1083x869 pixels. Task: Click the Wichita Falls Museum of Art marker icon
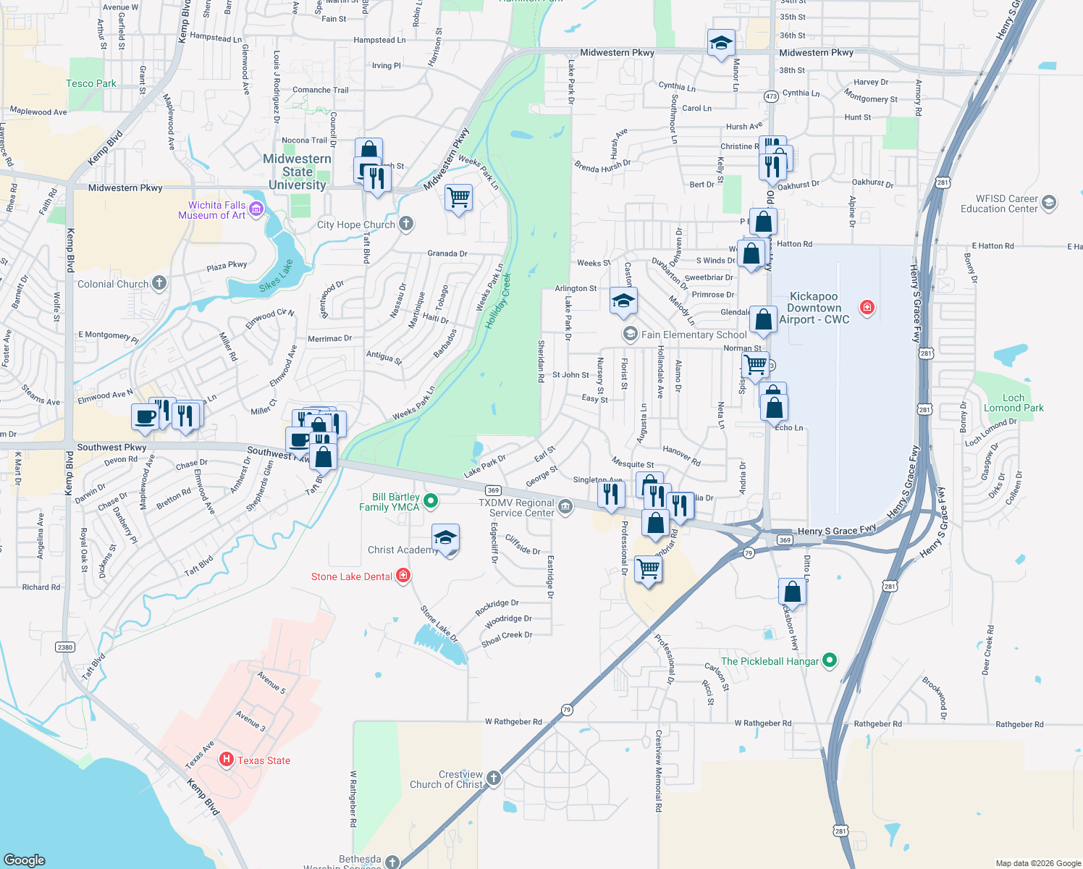pyautogui.click(x=257, y=210)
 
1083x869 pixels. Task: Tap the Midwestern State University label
pyautogui.click(x=297, y=172)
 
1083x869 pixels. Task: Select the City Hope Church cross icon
pyautogui.click(x=406, y=224)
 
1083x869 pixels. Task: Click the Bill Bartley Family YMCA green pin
pyautogui.click(x=431, y=500)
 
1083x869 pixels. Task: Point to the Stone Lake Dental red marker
pyautogui.click(x=403, y=576)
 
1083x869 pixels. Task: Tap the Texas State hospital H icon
pyautogui.click(x=226, y=760)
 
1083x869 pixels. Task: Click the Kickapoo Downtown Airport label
pyautogui.click(x=814, y=308)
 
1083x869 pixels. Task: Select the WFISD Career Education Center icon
pyautogui.click(x=1049, y=203)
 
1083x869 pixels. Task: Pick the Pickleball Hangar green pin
pyautogui.click(x=830, y=660)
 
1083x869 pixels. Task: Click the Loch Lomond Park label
pyautogui.click(x=1014, y=403)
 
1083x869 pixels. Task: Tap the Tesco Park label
pyautogui.click(x=90, y=83)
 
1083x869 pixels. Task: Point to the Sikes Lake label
pyautogui.click(x=276, y=276)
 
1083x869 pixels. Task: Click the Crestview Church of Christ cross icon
pyautogui.click(x=493, y=778)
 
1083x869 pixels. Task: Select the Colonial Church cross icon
pyautogui.click(x=159, y=283)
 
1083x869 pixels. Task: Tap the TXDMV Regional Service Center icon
pyautogui.click(x=565, y=507)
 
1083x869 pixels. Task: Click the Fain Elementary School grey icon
pyautogui.click(x=630, y=334)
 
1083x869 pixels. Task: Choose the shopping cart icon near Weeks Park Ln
pyautogui.click(x=459, y=197)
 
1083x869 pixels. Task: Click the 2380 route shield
pyautogui.click(x=65, y=647)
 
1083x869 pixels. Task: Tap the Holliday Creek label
pyautogui.click(x=498, y=301)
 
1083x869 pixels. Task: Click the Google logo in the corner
pyautogui.click(x=25, y=860)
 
